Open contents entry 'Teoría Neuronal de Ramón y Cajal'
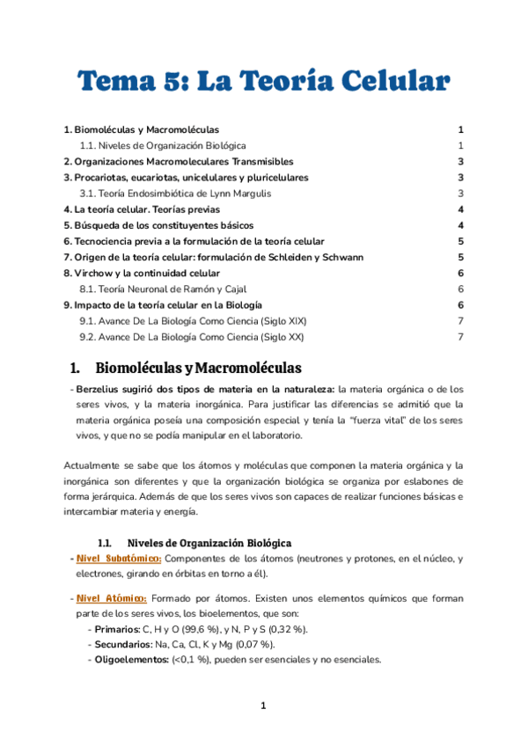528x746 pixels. tap(164, 289)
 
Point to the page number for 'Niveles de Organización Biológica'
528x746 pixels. tap(460, 145)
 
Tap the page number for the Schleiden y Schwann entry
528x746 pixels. tap(460, 257)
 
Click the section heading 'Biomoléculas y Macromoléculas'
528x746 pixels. tap(198, 367)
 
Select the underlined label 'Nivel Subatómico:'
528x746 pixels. tap(119, 559)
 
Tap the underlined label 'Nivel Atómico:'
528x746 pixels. tap(111, 598)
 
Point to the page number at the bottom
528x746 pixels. tap(263, 706)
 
